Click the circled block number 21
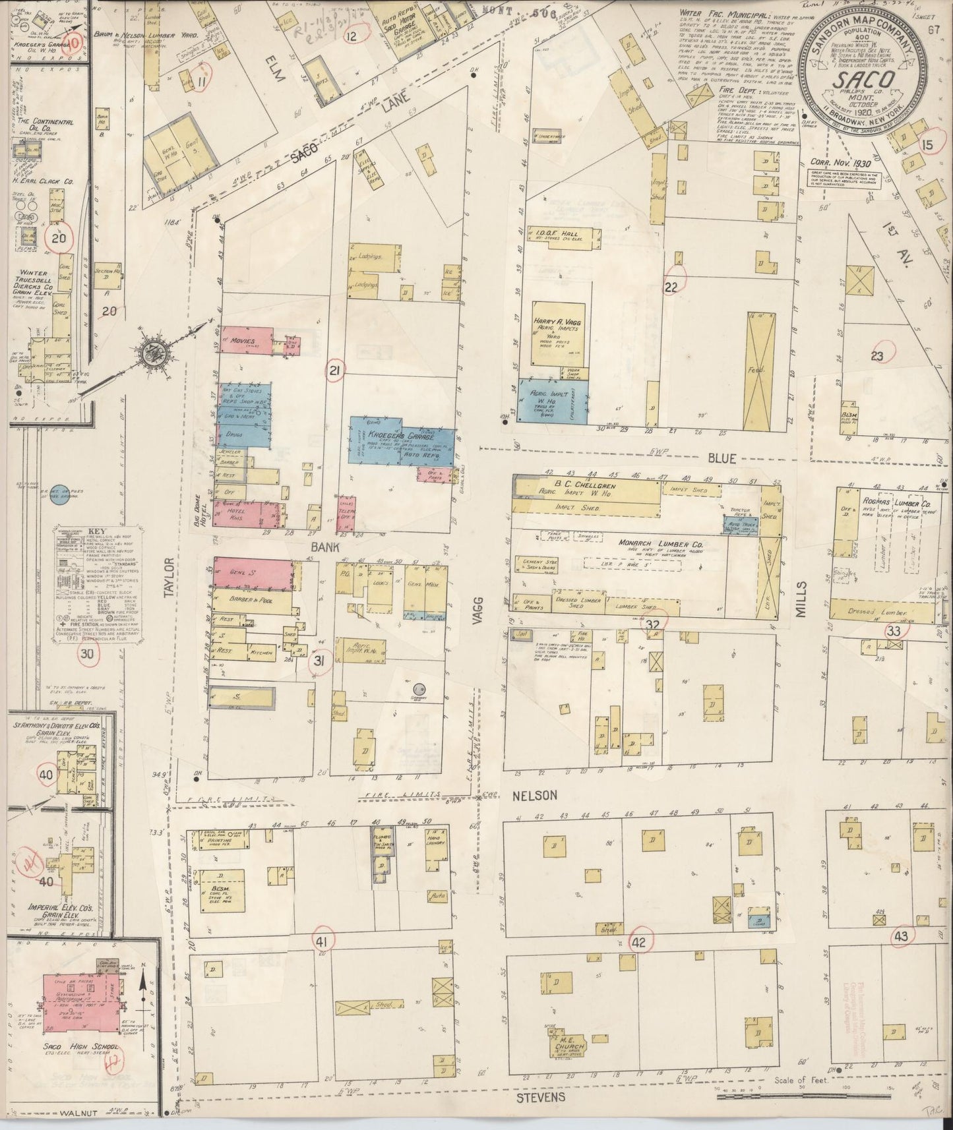point(336,372)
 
